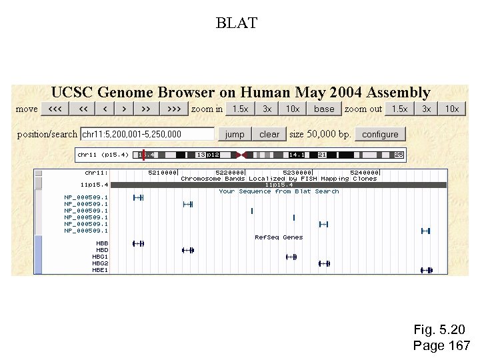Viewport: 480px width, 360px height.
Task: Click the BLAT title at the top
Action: coord(237,23)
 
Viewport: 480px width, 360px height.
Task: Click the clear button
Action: coord(269,134)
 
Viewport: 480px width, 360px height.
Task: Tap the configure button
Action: coord(380,134)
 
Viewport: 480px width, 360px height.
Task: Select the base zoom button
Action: coord(324,109)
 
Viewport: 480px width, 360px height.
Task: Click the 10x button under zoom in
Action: coord(293,109)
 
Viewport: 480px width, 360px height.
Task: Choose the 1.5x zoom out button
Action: coord(399,109)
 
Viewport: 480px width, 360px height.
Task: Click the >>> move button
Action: coord(173,109)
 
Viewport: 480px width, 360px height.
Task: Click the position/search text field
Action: coord(147,134)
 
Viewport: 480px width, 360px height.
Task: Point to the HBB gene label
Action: coord(102,243)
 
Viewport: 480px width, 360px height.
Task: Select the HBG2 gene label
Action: coord(100,263)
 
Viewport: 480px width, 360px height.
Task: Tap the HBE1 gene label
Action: coord(100,270)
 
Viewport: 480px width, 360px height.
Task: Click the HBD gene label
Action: coord(102,250)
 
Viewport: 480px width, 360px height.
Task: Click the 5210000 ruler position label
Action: coord(163,172)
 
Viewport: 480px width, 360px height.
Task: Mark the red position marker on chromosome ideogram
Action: coord(144,155)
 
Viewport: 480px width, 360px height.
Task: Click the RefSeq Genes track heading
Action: coord(279,237)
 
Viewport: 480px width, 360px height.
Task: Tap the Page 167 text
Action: coord(441,345)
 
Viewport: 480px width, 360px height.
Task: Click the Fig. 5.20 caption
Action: coord(439,330)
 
